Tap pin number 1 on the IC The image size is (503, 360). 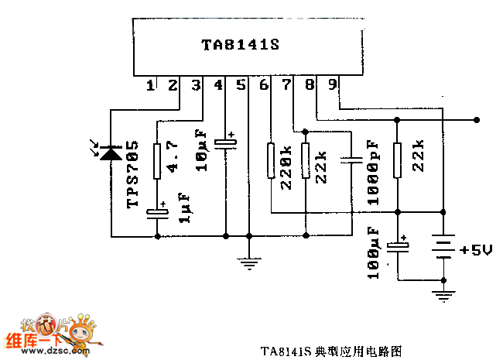(x=150, y=85)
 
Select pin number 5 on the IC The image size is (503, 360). (x=241, y=85)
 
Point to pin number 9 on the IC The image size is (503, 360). (x=332, y=85)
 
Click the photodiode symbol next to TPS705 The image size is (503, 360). (x=111, y=154)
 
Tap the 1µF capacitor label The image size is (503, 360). (x=184, y=208)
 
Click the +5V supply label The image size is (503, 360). (x=477, y=250)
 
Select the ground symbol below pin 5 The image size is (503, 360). (x=248, y=264)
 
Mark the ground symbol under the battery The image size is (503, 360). (x=443, y=295)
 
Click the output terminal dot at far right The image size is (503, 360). (x=476, y=119)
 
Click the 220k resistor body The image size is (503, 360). (x=271, y=161)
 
